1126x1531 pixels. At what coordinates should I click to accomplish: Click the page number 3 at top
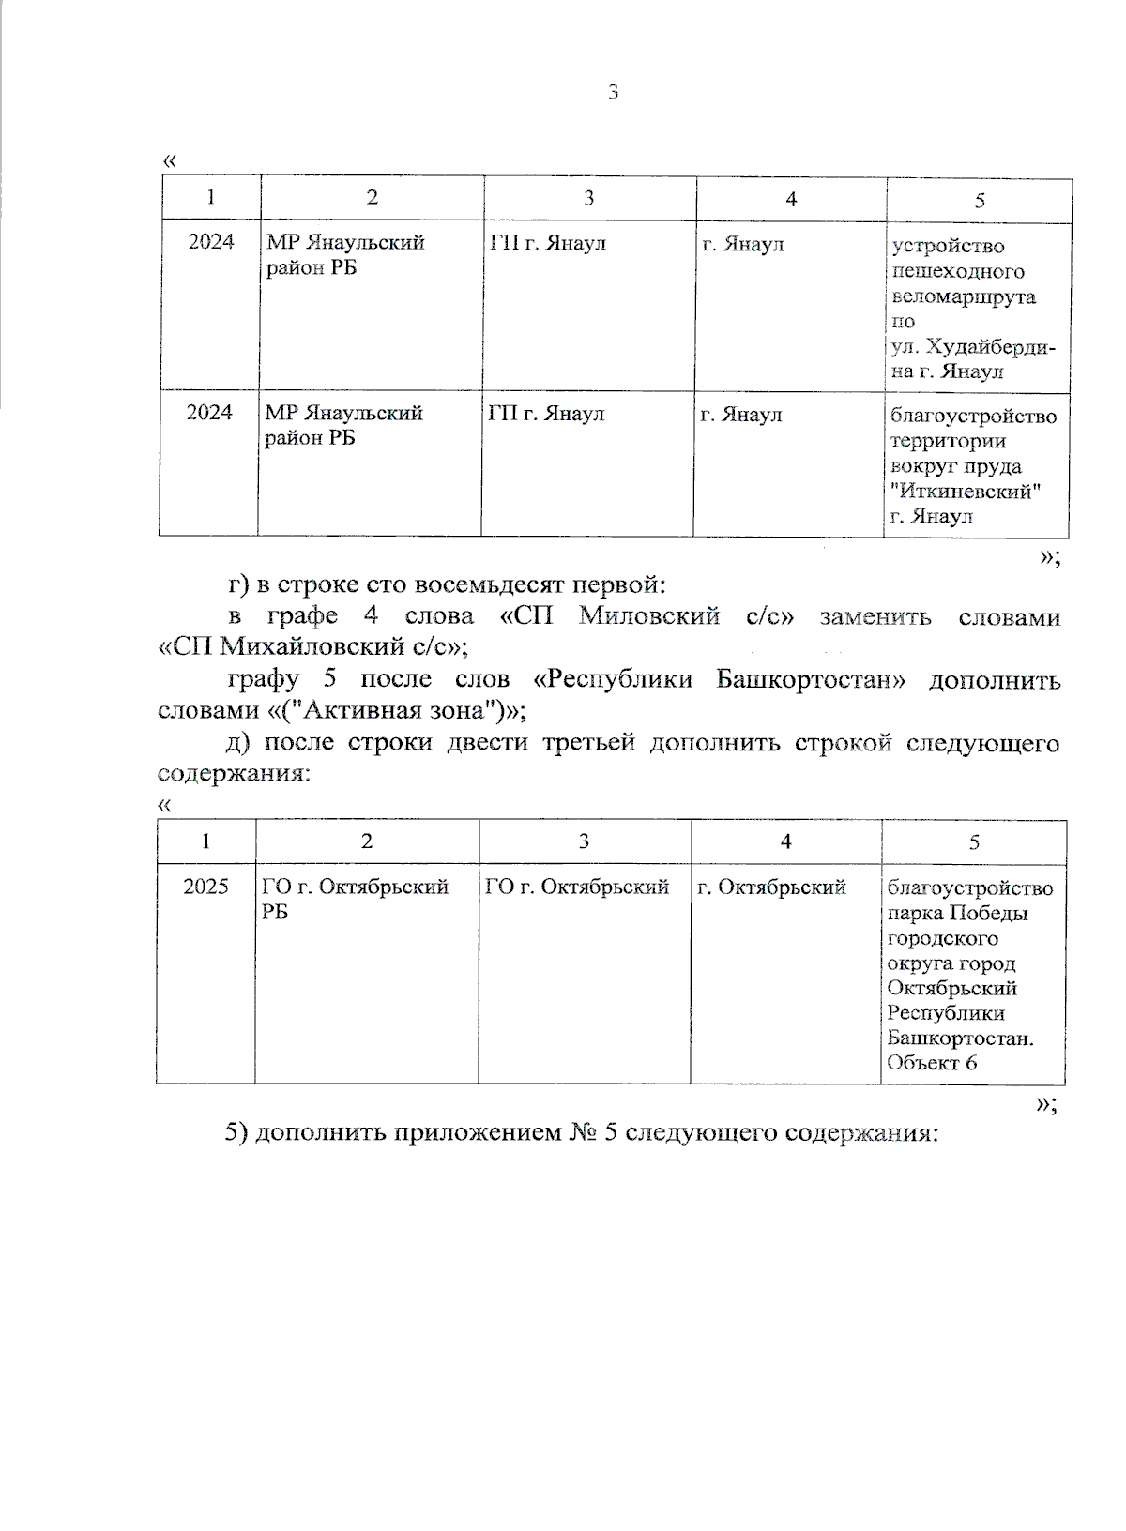coord(613,92)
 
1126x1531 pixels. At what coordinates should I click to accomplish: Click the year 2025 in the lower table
coord(205,887)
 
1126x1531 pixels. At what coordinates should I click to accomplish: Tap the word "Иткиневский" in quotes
coord(966,491)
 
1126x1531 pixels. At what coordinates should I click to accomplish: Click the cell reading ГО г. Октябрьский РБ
coord(357,899)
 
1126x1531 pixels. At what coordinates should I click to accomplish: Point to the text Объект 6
coord(932,1063)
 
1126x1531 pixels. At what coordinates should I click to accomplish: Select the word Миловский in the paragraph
coord(649,616)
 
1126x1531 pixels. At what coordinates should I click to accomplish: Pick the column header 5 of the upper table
coord(980,200)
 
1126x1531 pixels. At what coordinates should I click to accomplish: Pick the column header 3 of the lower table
coord(584,841)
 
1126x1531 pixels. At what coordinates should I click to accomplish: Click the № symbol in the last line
coord(580,1132)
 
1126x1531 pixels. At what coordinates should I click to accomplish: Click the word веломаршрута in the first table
coord(964,296)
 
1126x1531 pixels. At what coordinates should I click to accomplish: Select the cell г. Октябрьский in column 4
coord(771,887)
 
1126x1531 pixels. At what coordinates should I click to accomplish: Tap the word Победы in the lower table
coord(987,913)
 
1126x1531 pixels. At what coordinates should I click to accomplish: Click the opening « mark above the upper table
coord(170,159)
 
